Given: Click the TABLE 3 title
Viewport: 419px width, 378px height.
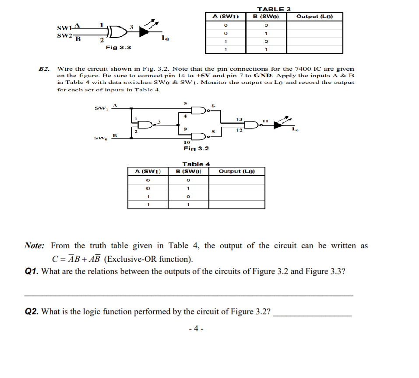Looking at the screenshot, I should point(274,9).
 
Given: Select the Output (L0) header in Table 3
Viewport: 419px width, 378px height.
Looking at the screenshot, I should point(314,17).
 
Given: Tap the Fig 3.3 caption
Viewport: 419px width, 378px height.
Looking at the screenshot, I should point(118,47).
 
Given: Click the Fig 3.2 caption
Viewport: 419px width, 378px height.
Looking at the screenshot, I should point(196,149).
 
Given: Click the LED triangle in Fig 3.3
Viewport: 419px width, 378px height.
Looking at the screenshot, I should point(144,31).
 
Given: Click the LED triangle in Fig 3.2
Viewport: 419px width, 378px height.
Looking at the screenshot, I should point(278,125).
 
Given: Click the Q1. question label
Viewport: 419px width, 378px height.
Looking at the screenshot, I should point(32,271).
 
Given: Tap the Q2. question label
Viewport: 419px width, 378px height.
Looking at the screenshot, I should point(32,312).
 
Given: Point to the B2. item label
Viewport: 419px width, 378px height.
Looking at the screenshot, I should point(44,69).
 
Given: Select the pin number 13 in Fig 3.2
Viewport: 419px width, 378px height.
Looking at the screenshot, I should point(239,118).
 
